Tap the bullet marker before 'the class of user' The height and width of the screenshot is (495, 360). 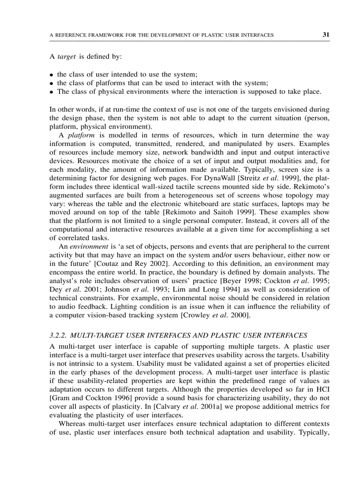click(52, 75)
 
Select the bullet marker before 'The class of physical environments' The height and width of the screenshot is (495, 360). click(52, 92)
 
